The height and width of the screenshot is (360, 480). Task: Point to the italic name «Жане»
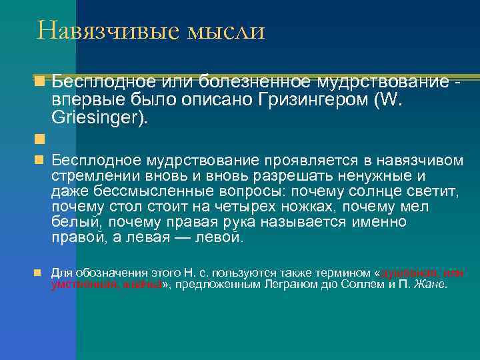pyautogui.click(x=431, y=285)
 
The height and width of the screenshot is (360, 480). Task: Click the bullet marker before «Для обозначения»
pyautogui.click(x=39, y=273)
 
